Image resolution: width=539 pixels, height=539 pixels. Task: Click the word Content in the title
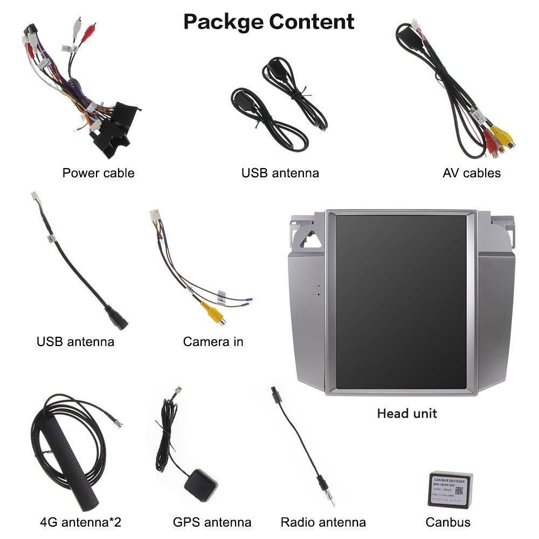(x=312, y=22)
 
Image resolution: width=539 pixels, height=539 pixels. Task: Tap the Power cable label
(x=98, y=173)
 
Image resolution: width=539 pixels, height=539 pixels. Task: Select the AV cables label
(x=472, y=173)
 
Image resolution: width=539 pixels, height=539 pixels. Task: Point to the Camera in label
(x=213, y=342)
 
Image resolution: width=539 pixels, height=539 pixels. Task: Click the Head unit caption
(x=407, y=413)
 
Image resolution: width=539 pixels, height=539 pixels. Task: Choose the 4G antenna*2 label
(x=81, y=522)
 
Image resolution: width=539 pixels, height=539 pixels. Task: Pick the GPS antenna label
(x=212, y=522)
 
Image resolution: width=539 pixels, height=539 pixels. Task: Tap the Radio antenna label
(x=323, y=522)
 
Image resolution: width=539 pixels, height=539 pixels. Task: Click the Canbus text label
(x=448, y=522)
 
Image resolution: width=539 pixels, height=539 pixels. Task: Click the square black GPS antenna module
(x=201, y=484)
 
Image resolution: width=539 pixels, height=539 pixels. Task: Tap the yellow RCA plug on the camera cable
(x=212, y=313)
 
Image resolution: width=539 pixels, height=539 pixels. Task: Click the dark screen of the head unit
(x=401, y=302)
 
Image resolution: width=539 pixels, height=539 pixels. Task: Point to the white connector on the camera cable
(x=155, y=215)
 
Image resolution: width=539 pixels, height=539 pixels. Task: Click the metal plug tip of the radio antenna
(x=329, y=493)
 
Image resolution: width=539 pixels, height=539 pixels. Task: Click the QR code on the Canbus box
(x=459, y=491)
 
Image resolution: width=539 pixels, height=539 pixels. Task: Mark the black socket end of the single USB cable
(x=117, y=321)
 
